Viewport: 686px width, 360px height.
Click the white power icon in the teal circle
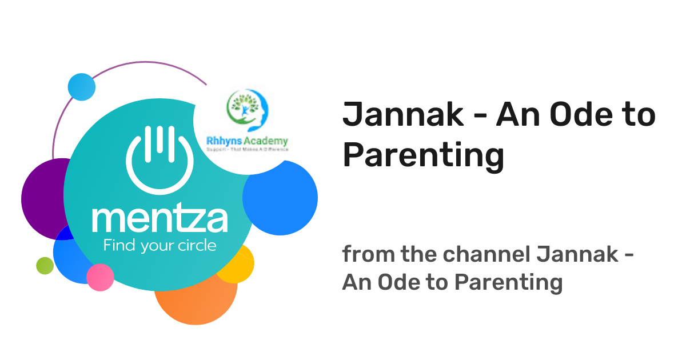pos(159,157)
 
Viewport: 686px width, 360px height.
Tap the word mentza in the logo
pos(159,221)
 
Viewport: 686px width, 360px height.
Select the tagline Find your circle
pos(159,246)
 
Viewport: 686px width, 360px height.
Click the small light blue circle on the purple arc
pos(81,87)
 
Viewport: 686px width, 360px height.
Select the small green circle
pos(45,265)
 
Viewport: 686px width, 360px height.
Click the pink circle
pos(100,278)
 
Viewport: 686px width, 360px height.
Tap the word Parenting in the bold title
pos(423,155)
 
